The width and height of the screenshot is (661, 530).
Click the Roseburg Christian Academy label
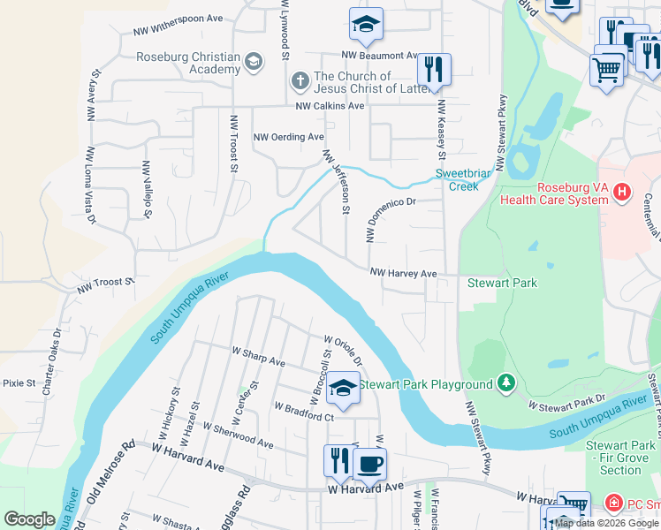(x=188, y=64)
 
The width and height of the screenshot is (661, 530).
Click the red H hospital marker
(x=622, y=191)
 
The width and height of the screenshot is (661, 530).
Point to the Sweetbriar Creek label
(x=462, y=180)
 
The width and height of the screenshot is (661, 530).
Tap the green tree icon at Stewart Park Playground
(x=506, y=383)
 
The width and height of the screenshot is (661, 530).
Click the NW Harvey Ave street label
(x=403, y=274)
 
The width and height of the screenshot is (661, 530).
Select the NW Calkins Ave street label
(x=330, y=106)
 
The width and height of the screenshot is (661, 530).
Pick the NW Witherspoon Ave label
(x=179, y=25)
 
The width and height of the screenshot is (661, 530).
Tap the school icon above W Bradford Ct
(x=343, y=388)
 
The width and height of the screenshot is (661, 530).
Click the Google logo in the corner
(x=30, y=519)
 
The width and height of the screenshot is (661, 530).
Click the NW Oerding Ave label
(x=289, y=137)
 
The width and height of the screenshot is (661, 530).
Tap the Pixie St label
(x=19, y=383)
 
